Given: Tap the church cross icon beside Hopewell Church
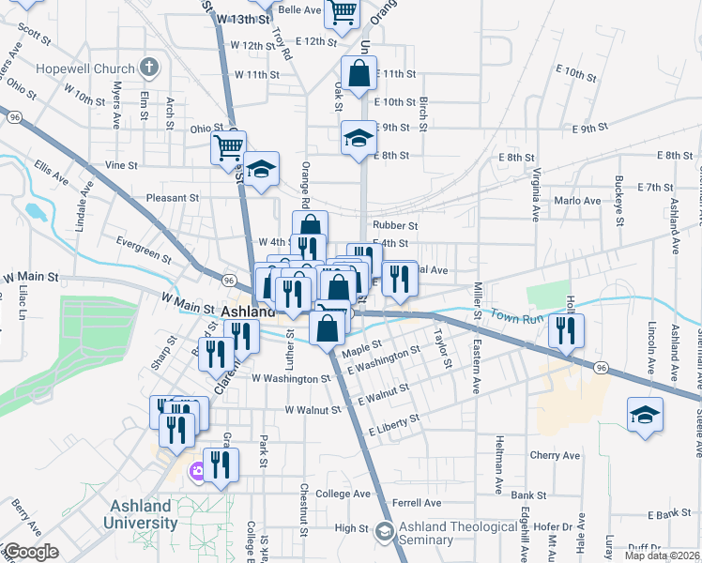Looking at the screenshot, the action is click(x=147, y=68).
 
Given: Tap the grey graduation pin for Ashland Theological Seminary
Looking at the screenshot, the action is click(x=383, y=532).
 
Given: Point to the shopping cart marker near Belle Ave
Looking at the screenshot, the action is click(x=343, y=12).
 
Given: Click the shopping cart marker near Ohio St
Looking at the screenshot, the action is click(x=228, y=147).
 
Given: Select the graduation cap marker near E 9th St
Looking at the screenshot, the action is click(x=358, y=140).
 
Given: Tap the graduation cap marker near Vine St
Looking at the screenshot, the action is click(x=263, y=169).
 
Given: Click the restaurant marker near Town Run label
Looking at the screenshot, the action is click(x=565, y=331).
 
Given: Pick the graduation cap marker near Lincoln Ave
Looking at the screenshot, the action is click(x=645, y=415).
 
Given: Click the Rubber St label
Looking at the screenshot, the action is click(x=394, y=225).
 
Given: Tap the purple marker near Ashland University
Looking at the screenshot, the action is click(x=197, y=471).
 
